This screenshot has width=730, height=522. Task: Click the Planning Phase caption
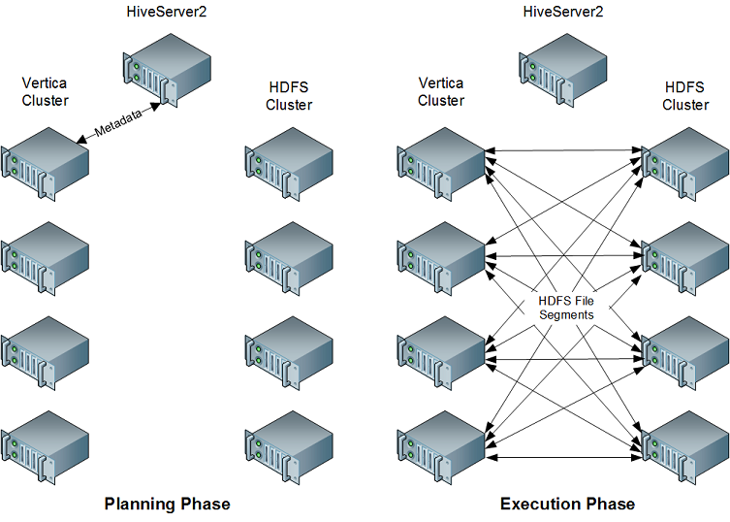point(167,504)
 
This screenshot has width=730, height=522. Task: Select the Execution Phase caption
point(567,504)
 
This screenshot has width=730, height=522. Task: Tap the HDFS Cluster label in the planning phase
point(289,95)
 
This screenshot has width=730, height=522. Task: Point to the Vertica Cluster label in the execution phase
point(441,91)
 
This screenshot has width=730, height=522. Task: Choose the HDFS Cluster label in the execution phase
point(685,95)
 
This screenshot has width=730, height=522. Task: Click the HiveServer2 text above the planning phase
point(166,12)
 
